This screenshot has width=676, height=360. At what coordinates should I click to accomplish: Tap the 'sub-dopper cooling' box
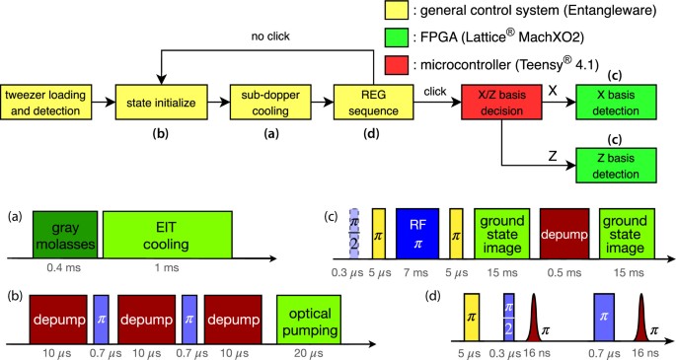pyautogui.click(x=262, y=100)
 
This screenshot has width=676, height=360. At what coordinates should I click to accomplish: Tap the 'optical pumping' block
pyautogui.click(x=307, y=318)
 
